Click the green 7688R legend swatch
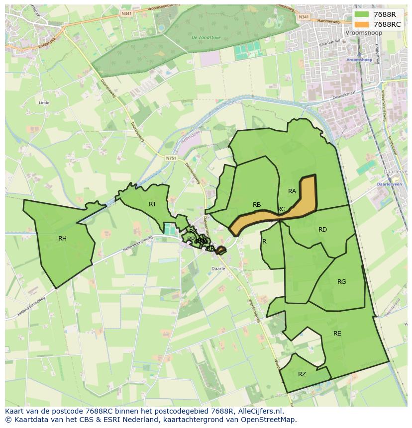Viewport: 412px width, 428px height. pos(361,14)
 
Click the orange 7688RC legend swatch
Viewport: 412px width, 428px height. pos(361,24)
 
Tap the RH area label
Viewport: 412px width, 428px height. pos(62,239)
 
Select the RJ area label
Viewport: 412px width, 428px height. pos(152,204)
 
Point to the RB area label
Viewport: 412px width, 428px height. pos(257,205)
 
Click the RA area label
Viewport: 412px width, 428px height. pos(292,191)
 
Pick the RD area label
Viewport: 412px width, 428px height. pos(322,230)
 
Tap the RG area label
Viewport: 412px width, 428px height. pos(341,282)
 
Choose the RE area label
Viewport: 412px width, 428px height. pos(337,334)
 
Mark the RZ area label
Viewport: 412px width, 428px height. pos(302,374)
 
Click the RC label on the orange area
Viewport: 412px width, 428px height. pos(281,209)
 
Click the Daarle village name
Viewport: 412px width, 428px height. pos(219,268)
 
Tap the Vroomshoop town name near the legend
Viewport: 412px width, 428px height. pos(359,32)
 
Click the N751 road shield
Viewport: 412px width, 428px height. pos(171,158)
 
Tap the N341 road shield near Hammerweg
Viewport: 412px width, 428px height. pos(304,17)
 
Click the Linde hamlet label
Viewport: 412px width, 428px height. pos(44,103)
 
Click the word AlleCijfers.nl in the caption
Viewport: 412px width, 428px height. pos(259,411)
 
